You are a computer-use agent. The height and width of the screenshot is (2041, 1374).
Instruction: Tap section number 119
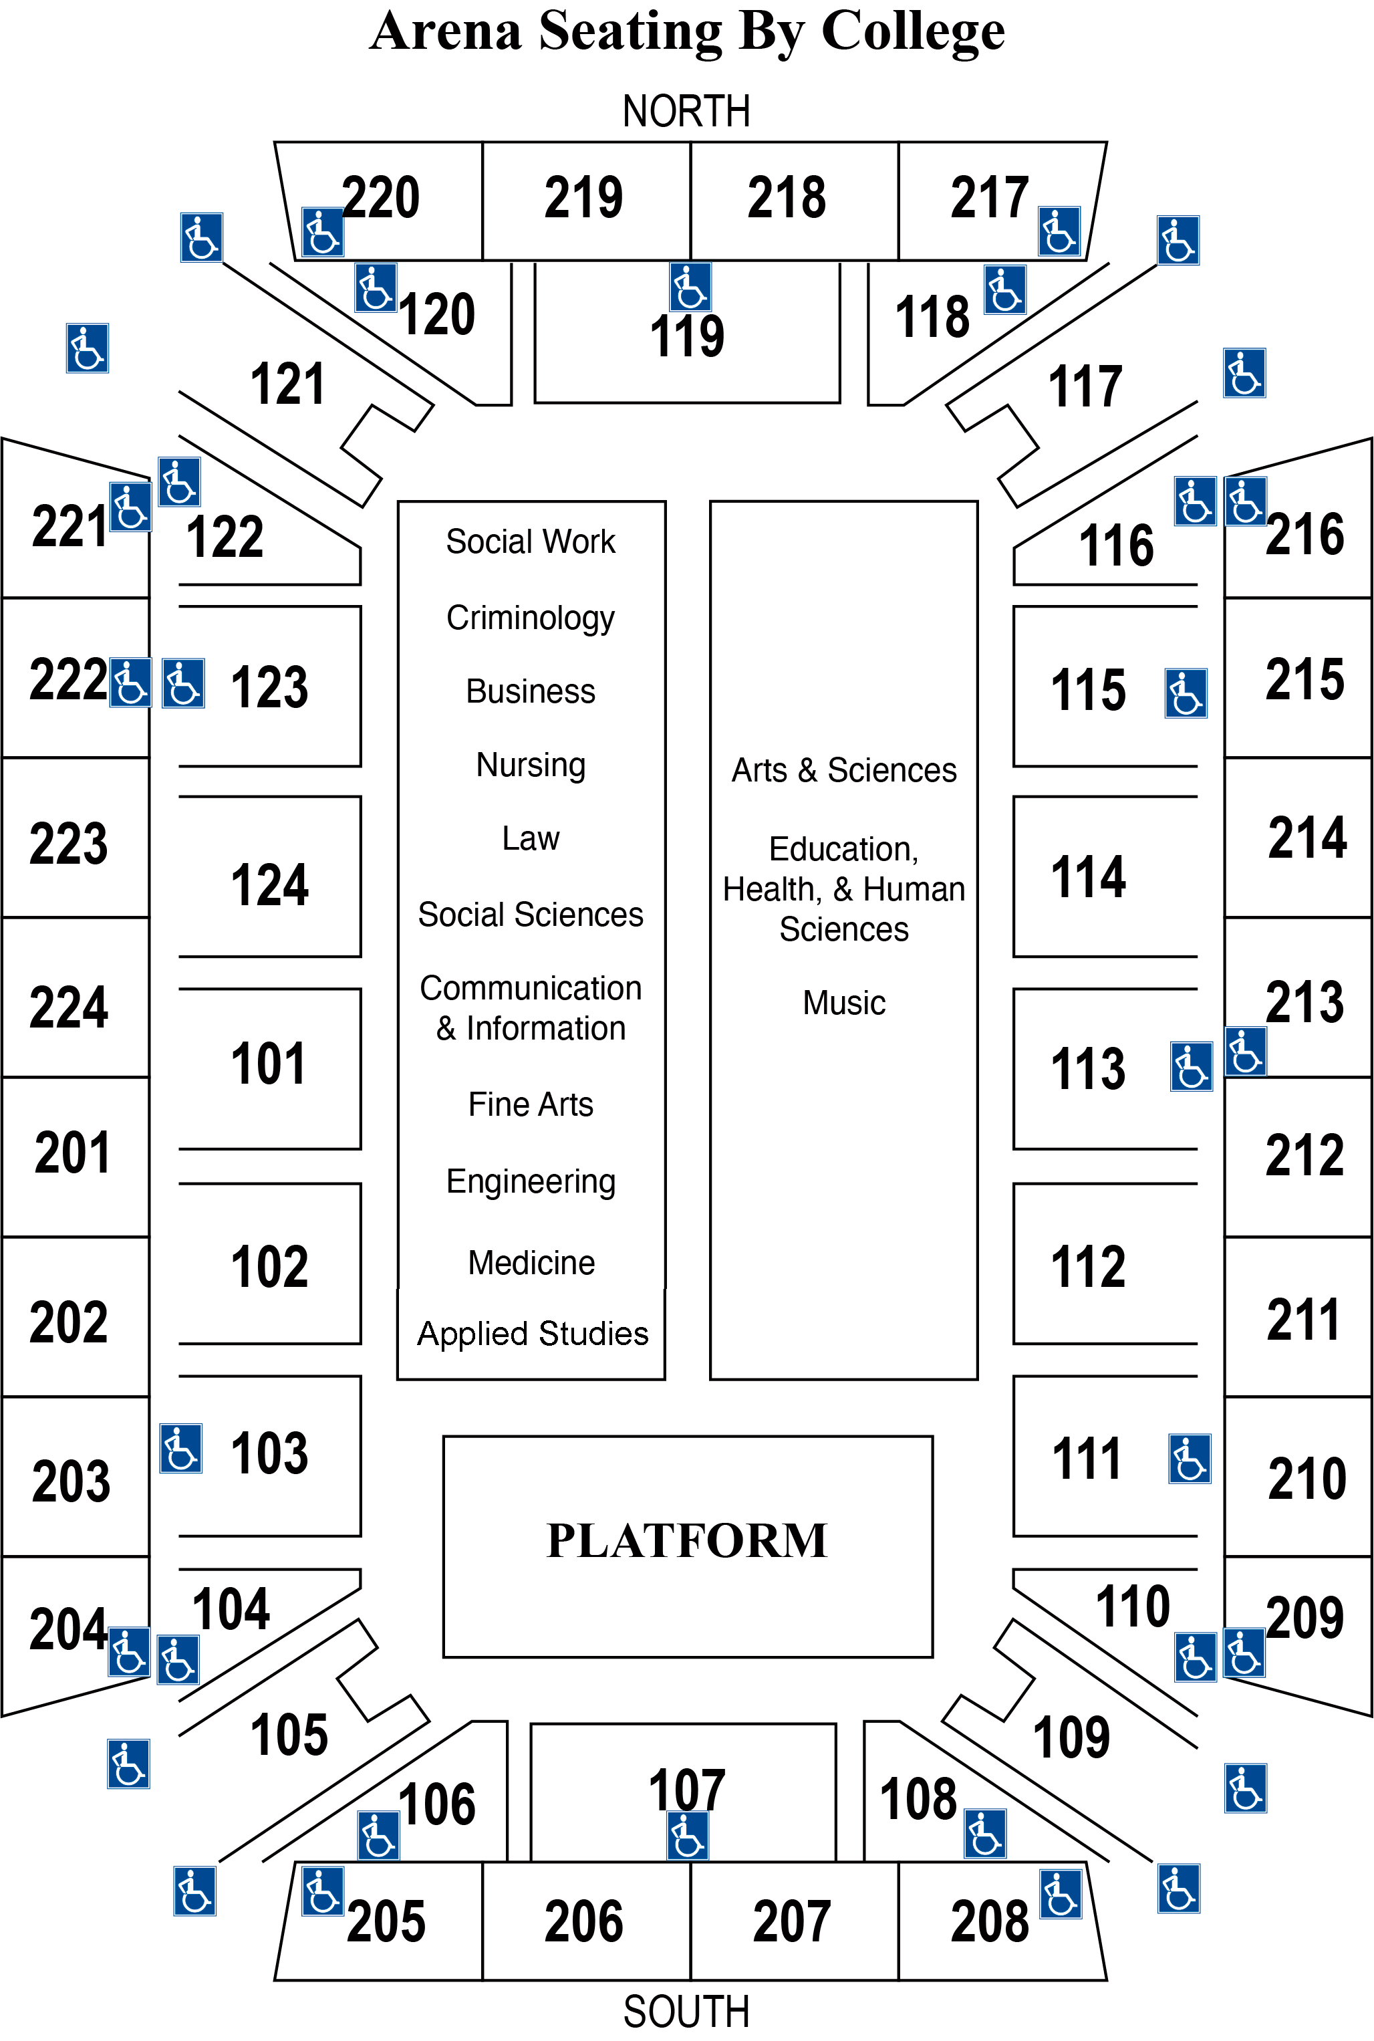[x=687, y=336]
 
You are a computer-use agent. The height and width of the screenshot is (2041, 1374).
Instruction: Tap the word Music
[x=844, y=1003]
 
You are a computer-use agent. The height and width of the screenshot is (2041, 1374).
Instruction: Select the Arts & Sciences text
[x=844, y=769]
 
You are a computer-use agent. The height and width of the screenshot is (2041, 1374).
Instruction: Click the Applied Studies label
[x=533, y=1334]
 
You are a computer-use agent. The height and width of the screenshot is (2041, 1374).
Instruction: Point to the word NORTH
[x=686, y=111]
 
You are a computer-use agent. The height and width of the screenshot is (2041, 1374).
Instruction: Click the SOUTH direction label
[x=686, y=2011]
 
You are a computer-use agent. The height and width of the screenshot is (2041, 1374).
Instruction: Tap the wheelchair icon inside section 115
[x=1186, y=693]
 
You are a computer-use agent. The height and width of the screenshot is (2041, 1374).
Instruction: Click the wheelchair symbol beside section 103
[x=181, y=1448]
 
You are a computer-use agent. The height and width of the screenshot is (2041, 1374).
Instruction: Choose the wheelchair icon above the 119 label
[x=690, y=287]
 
